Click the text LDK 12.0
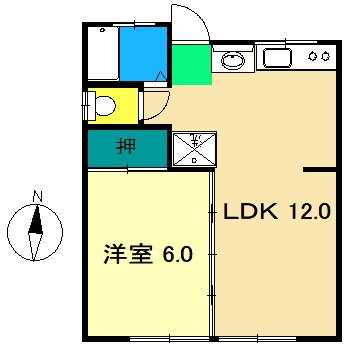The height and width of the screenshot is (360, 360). point(274,212)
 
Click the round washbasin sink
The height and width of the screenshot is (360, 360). point(232,58)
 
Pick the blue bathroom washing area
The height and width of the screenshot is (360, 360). point(143,54)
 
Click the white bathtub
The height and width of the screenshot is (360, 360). point(103,54)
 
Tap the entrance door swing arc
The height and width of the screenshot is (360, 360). point(190,24)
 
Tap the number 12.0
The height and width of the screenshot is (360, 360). point(311,212)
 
